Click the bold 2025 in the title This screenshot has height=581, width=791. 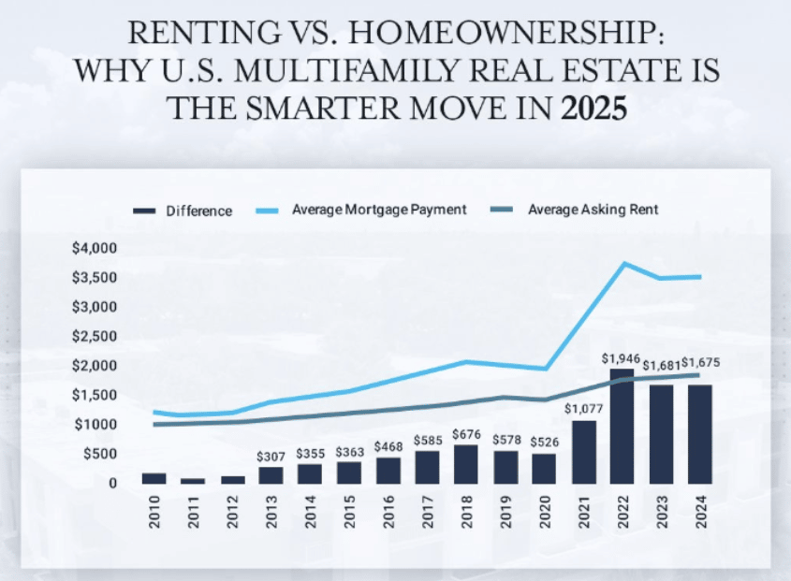coord(593,109)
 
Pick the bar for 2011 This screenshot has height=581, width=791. coord(193,480)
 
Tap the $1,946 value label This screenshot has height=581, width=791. coord(623,358)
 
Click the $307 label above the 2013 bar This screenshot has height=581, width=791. coord(271,456)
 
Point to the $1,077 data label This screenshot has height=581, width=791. coord(582,409)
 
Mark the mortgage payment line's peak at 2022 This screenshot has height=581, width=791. coord(622,263)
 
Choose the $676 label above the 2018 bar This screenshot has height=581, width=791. coord(466,434)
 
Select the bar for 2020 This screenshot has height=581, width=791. coord(544,468)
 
